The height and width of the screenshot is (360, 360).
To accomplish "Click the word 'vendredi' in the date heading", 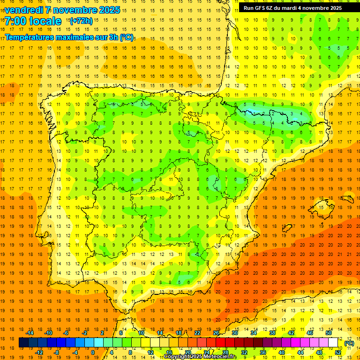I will [24, 10].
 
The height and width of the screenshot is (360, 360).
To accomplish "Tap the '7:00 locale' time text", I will [33, 22].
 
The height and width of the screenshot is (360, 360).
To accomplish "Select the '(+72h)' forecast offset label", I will [81, 21].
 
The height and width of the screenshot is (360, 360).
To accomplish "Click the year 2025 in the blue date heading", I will [109, 10].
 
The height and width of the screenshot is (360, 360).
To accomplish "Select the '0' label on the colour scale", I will [93, 352].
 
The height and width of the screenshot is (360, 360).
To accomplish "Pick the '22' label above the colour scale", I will [197, 333].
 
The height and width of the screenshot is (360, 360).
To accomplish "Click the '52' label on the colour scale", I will [338, 352].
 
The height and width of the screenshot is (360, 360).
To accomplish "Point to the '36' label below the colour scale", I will [263, 352].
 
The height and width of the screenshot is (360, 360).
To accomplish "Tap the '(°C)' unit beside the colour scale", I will [349, 343].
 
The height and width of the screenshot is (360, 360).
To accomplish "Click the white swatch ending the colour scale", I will [333, 343].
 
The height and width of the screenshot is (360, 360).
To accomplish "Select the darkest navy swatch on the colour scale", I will [23, 343].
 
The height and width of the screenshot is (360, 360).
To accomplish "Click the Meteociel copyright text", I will [200, 357].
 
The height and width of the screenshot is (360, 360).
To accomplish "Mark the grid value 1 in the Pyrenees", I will [264, 113].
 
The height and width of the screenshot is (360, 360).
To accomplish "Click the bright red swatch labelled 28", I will [220, 343].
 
